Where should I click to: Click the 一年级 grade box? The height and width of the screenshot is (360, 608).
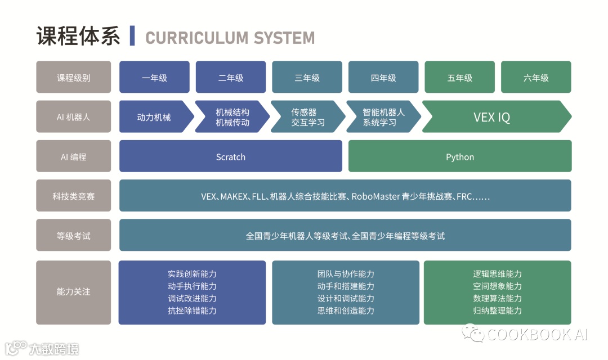tap(154, 78)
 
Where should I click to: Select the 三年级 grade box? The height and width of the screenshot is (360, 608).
tap(307, 78)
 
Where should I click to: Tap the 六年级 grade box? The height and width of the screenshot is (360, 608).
tap(535, 78)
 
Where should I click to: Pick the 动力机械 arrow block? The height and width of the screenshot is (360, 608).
tap(154, 117)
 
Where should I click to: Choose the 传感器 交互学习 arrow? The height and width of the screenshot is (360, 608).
tap(305, 117)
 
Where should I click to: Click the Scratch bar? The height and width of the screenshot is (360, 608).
tap(230, 156)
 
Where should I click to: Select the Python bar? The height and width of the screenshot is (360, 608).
tap(459, 156)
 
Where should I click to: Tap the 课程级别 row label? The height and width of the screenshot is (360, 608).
tap(74, 78)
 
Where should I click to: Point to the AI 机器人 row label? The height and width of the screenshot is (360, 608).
tap(74, 117)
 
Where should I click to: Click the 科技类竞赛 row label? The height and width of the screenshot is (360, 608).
tap(74, 196)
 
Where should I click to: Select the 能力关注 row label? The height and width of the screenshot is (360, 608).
tap(74, 292)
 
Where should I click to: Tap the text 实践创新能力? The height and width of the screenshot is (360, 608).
tap(192, 274)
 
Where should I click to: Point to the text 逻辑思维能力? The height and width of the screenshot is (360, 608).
tap(497, 274)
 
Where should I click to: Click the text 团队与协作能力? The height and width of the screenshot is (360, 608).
tap(345, 274)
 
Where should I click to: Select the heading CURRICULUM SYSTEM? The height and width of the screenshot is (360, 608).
tap(230, 38)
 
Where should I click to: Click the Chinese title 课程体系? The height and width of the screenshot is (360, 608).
tap(78, 36)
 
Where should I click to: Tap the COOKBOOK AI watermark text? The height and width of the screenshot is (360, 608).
tap(537, 334)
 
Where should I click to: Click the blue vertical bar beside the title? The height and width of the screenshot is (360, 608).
tap(132, 36)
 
